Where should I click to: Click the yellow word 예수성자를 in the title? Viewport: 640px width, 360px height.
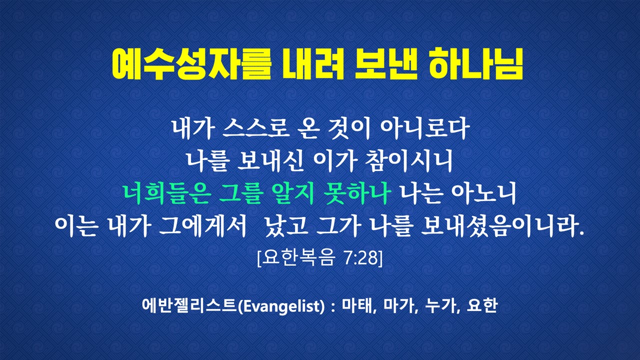click(x=191, y=64)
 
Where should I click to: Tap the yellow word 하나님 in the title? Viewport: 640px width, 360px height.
click(x=476, y=64)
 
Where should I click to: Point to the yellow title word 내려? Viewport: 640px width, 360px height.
click(x=313, y=64)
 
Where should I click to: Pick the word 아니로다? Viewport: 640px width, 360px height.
click(x=424, y=129)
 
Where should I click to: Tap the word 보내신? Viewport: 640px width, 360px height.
click(x=270, y=161)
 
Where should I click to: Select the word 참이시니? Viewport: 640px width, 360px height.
click(x=409, y=161)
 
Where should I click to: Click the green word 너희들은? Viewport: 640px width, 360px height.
click(x=167, y=193)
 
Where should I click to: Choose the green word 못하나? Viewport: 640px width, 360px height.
click(x=357, y=193)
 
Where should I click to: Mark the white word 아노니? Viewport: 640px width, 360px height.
click(x=483, y=193)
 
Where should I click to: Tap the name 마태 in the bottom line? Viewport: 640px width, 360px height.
click(x=358, y=305)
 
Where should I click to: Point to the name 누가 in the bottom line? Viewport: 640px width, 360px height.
click(x=441, y=305)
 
